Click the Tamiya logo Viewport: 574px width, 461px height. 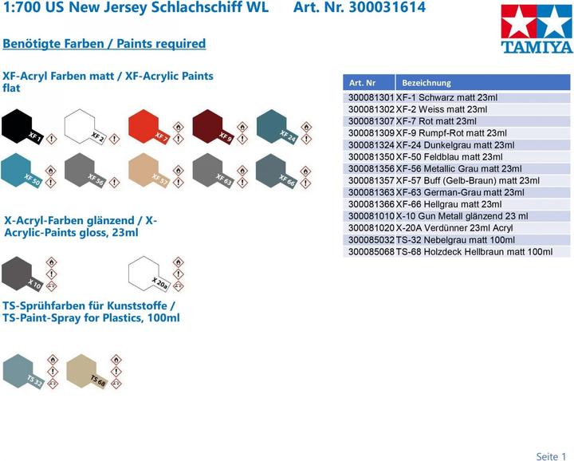coord(537,29)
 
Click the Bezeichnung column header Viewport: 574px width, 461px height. coord(427,82)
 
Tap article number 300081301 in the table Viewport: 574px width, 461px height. coord(372,97)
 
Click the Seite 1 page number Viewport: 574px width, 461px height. coord(551,456)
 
